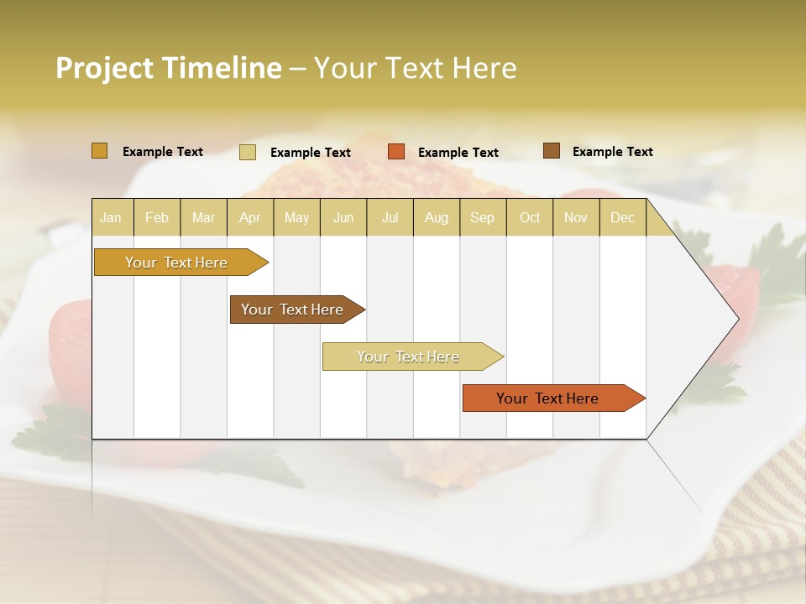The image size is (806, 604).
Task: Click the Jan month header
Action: click(x=111, y=217)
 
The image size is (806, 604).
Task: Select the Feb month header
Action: click(x=157, y=217)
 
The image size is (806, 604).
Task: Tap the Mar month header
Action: click(x=203, y=217)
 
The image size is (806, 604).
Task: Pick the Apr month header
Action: click(x=249, y=217)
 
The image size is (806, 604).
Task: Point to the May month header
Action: click(x=296, y=217)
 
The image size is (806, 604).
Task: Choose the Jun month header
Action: click(x=343, y=217)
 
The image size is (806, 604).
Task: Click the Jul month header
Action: click(x=390, y=217)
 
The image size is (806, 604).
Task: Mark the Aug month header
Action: click(x=437, y=217)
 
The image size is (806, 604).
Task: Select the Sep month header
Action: click(x=483, y=217)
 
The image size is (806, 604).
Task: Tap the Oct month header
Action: click(x=530, y=217)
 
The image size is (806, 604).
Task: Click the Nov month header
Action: click(x=576, y=217)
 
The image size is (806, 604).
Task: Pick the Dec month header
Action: click(x=623, y=217)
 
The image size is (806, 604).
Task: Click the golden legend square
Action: click(x=99, y=151)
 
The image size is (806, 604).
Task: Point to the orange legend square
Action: click(x=396, y=152)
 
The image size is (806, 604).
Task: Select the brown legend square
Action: click(x=552, y=151)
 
